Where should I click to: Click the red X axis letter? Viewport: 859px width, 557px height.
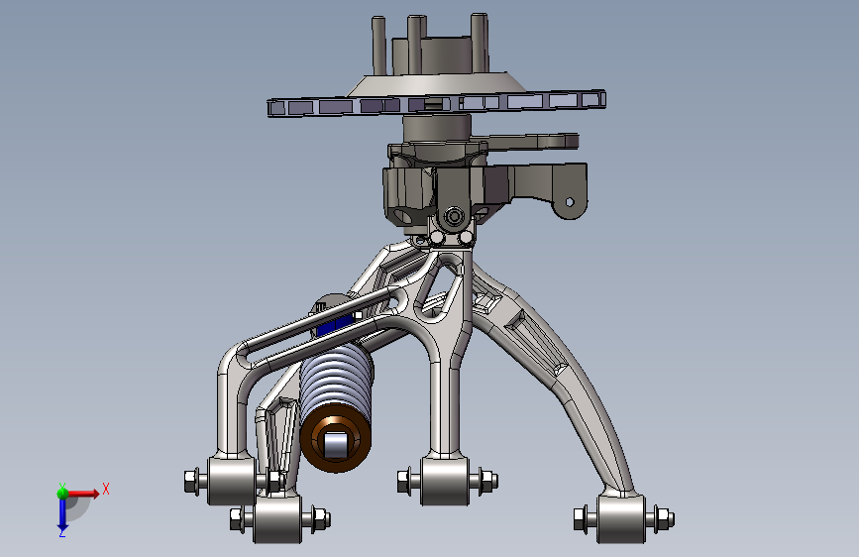106,489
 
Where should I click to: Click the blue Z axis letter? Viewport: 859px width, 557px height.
61,532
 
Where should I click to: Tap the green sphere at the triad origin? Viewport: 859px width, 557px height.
62,494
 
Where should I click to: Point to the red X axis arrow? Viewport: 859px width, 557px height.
82,494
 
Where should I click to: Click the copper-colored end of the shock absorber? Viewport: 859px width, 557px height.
335,437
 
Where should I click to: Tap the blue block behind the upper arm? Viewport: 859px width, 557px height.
334,326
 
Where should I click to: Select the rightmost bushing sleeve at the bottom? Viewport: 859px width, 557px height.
621,519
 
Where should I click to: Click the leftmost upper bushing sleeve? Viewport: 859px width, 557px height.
232,482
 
